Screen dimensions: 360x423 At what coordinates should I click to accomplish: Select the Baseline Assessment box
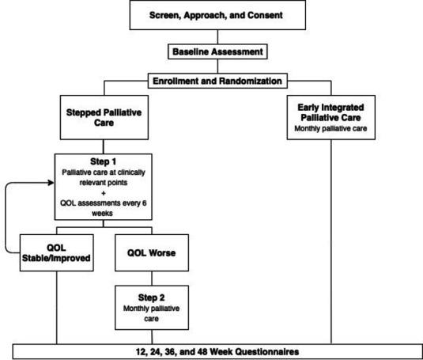click(210, 52)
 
